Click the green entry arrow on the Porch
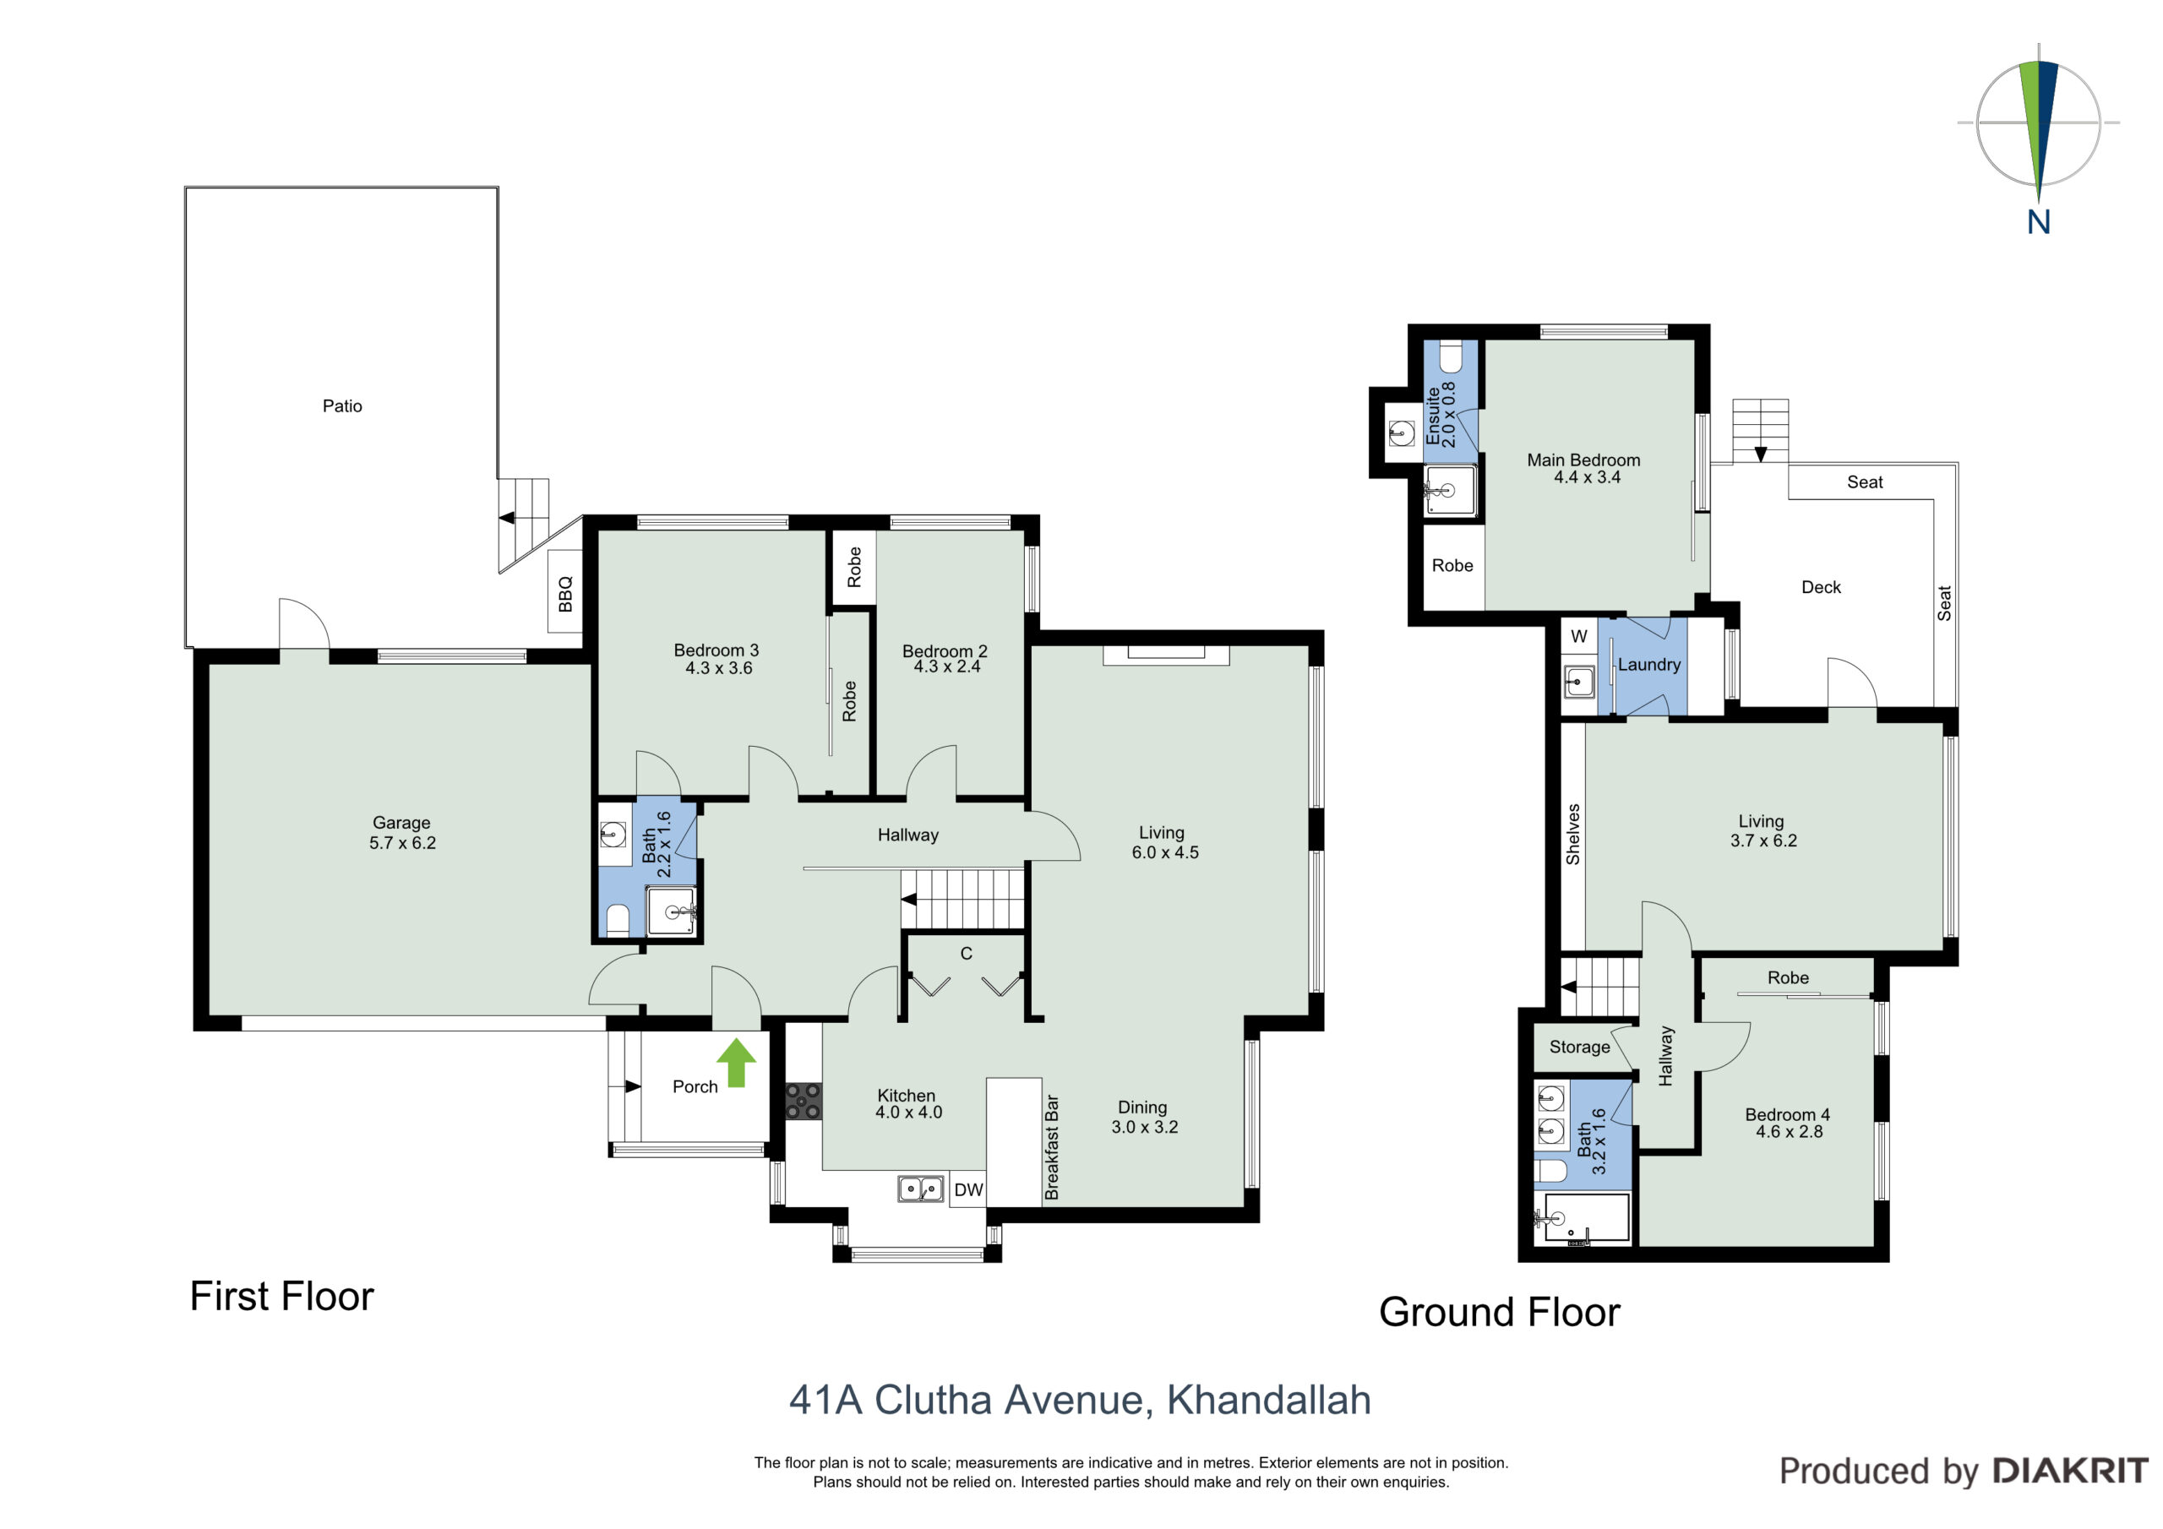pos(736,1063)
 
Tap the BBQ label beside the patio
pos(565,594)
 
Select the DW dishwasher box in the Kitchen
pos(968,1190)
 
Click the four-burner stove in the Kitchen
pos(804,1102)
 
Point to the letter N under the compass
pos(2039,222)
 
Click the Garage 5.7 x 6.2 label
pos(402,833)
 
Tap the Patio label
pos(342,406)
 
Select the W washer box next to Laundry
pos(1579,636)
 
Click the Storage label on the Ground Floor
pos(1580,1047)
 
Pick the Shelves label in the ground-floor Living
pos(1572,834)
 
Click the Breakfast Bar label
pos(1052,1147)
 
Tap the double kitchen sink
pos(920,1189)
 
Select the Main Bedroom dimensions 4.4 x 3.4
pos(1588,477)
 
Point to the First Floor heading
pos(281,1297)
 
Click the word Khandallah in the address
pos(1269,1400)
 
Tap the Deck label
pos(1821,587)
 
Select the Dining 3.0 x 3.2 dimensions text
pos(1145,1127)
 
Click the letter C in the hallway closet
pos(966,954)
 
